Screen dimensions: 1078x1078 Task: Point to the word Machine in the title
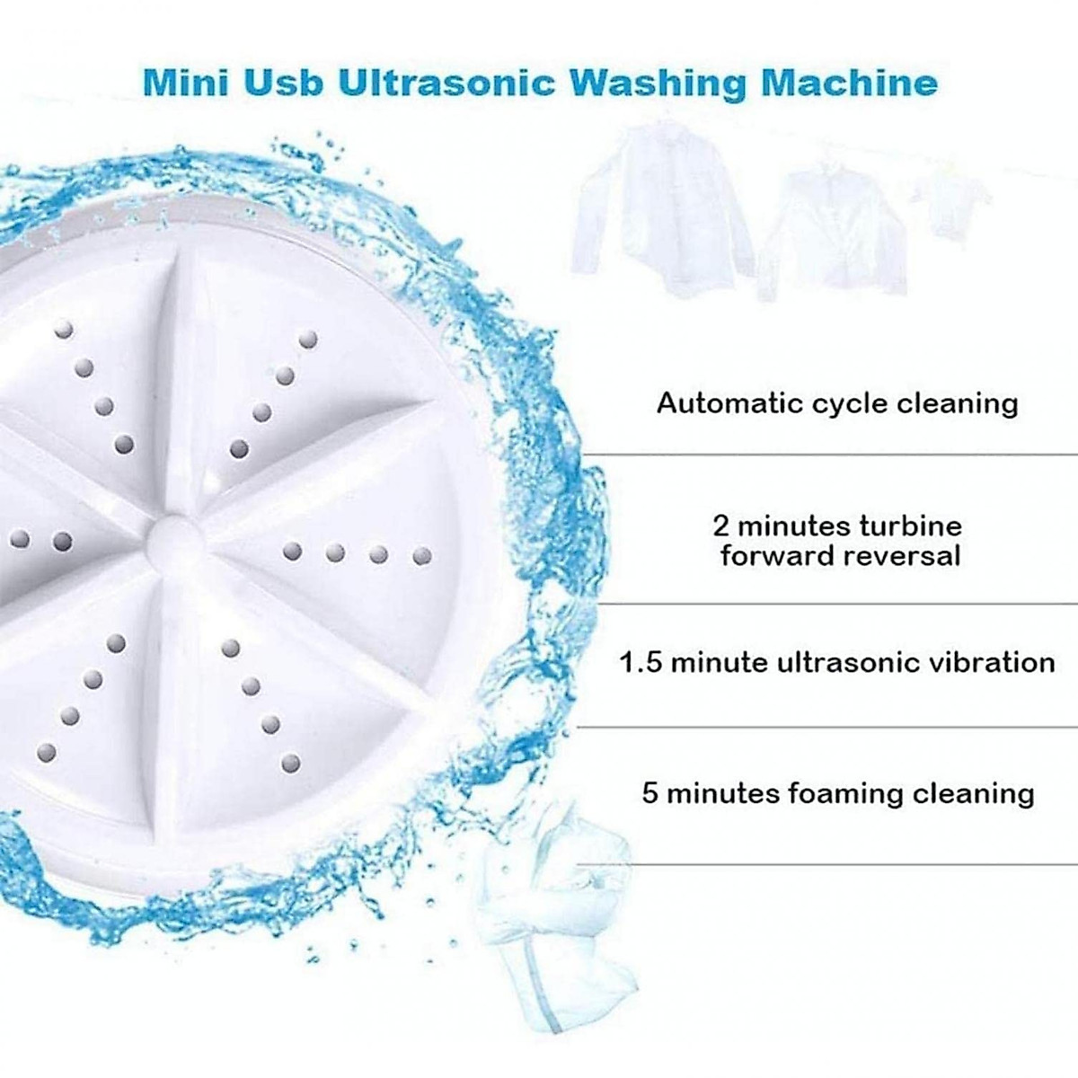click(850, 83)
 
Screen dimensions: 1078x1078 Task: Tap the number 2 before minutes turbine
click(720, 526)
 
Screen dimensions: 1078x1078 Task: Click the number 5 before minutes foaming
click(650, 793)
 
